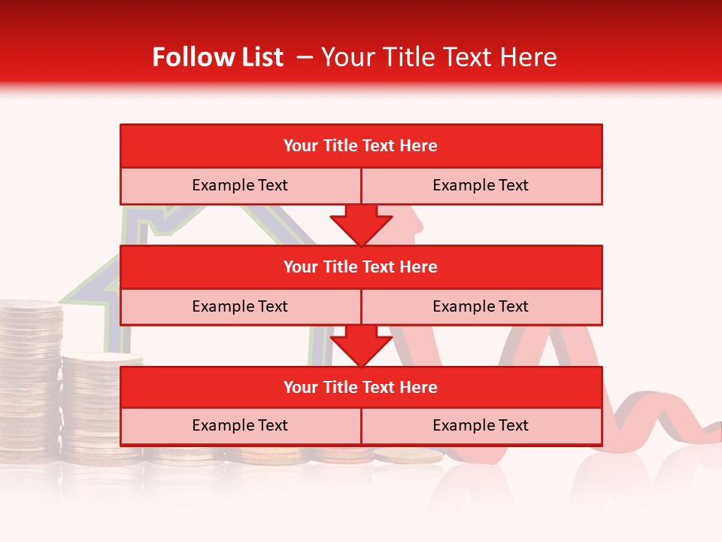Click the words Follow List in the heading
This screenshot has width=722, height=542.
[x=218, y=57]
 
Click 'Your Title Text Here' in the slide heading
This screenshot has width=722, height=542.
[x=439, y=57]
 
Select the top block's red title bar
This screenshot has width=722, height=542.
[x=361, y=146]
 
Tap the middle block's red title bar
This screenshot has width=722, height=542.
[x=361, y=266]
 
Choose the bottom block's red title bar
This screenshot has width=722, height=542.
[x=361, y=387]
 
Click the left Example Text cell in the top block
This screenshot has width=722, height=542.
[x=240, y=185]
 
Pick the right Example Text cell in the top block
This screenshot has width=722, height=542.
[x=481, y=185]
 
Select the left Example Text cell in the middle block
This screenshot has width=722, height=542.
[x=240, y=306]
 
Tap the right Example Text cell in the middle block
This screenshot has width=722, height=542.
[x=481, y=306]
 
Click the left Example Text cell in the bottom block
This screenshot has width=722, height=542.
[x=240, y=425]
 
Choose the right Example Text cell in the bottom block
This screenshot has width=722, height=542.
[x=481, y=425]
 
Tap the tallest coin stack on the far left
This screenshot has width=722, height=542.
[x=30, y=376]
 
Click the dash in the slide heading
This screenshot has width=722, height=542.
[x=303, y=58]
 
